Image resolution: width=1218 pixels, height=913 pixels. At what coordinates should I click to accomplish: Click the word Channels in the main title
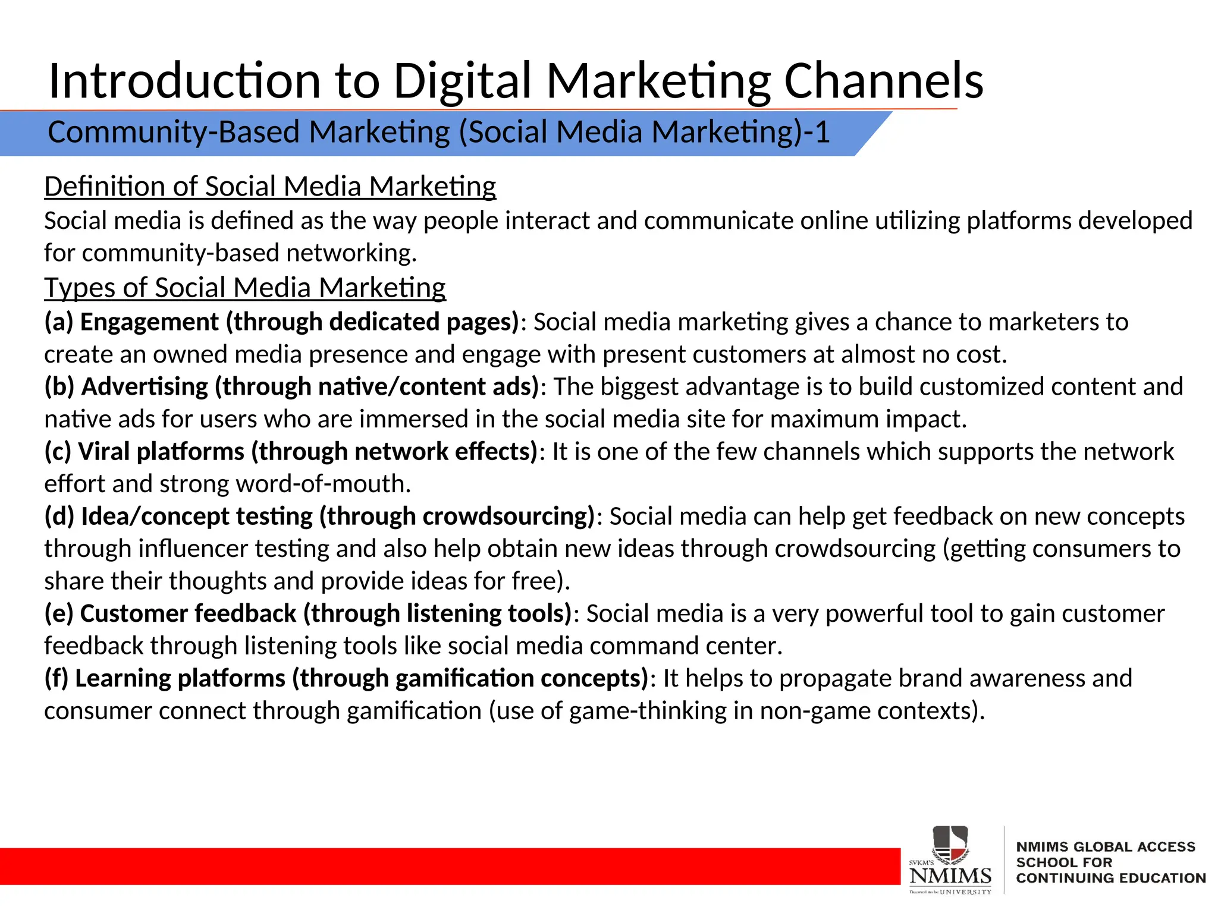[884, 81]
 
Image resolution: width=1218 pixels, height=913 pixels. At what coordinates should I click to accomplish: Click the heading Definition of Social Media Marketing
[270, 187]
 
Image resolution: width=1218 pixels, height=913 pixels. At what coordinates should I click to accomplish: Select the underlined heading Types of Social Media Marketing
[245, 288]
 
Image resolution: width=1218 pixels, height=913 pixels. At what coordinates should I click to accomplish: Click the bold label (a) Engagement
[131, 322]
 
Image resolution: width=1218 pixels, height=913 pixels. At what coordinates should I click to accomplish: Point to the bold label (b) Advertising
[126, 387]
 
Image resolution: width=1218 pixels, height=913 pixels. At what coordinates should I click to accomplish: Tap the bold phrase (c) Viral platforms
[144, 452]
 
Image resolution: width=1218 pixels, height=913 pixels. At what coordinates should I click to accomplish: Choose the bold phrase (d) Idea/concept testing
[178, 517]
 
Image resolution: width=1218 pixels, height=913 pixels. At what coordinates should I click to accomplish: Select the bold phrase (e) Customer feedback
[170, 613]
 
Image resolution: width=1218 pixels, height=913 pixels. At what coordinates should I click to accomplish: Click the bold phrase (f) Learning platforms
[165, 678]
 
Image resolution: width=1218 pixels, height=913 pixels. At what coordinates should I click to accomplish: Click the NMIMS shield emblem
[950, 844]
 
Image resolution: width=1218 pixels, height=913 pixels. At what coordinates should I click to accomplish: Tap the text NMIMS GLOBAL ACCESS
[1105, 847]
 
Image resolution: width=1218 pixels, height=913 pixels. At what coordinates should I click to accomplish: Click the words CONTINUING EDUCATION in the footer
[1110, 879]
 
